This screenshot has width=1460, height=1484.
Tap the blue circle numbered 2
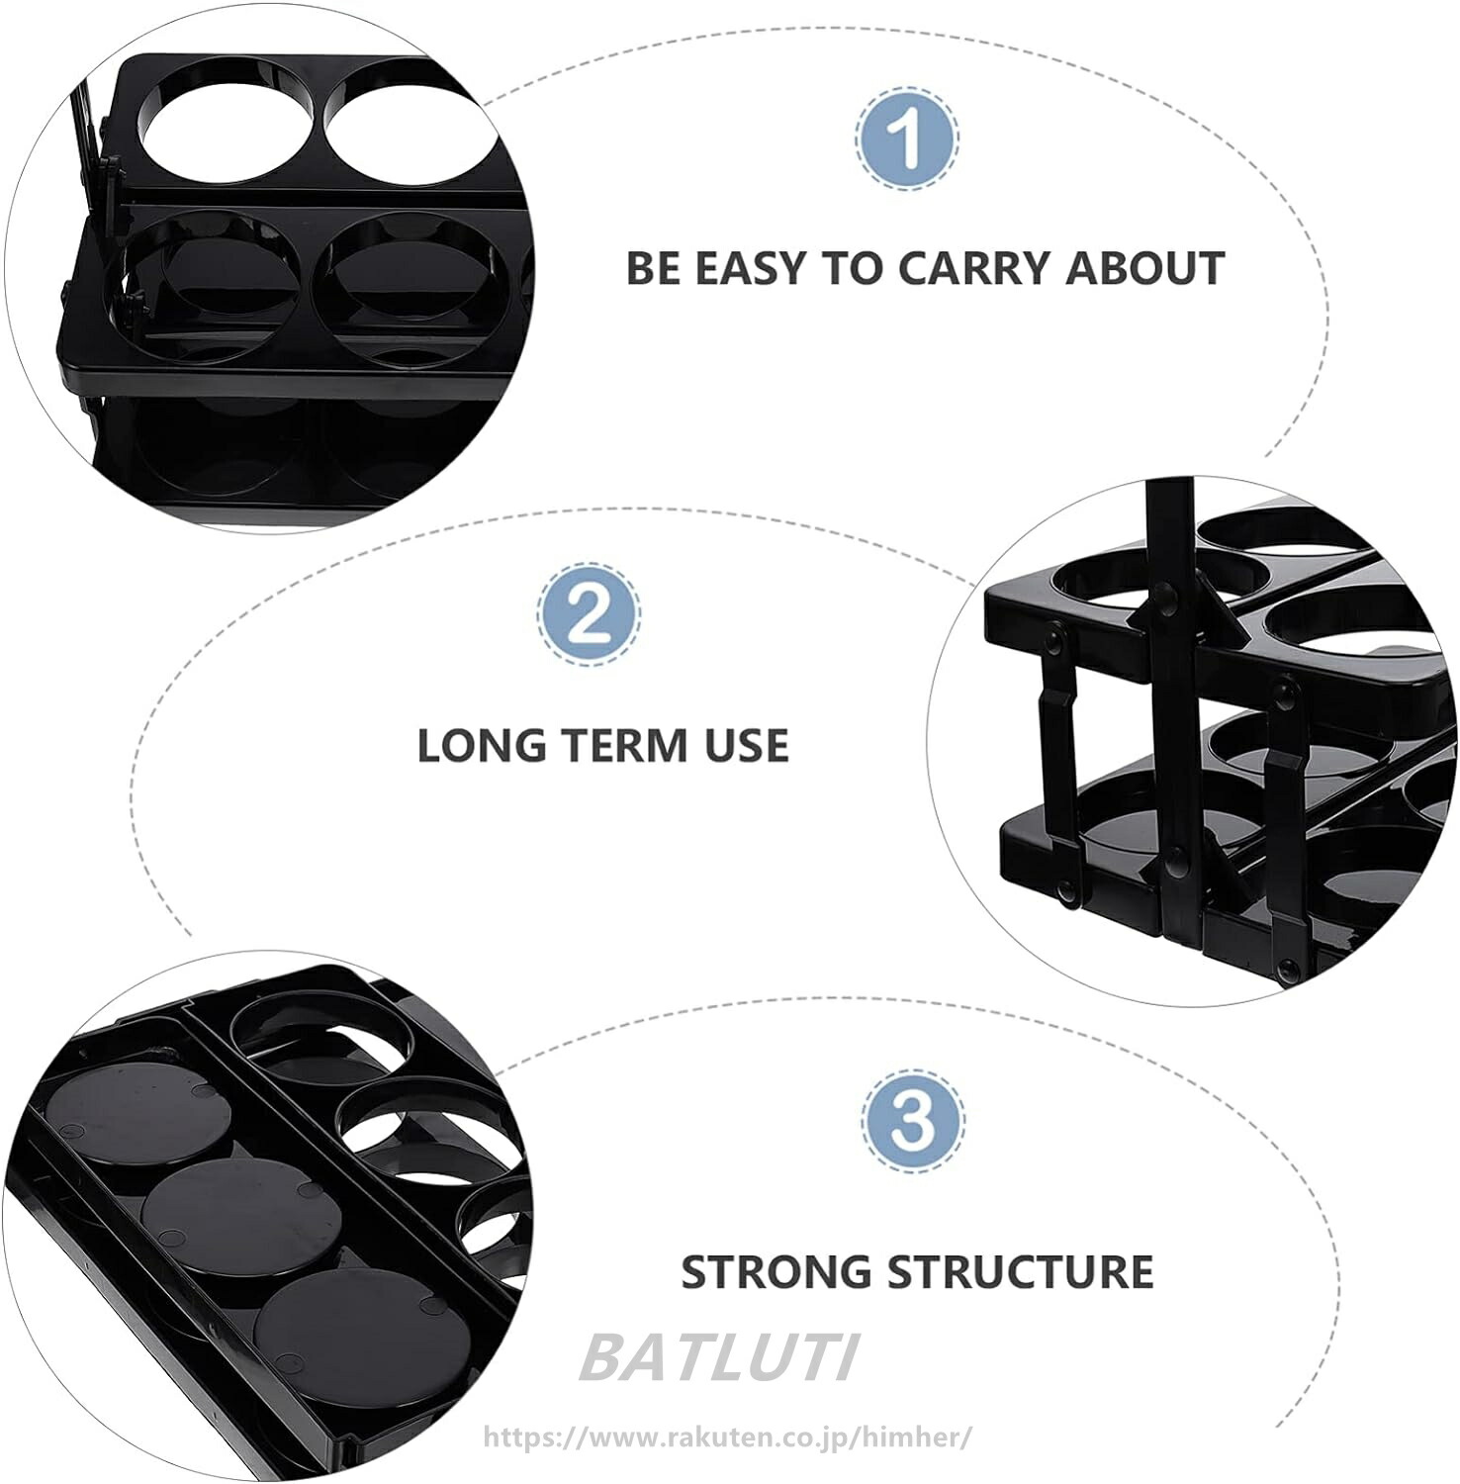coord(589,613)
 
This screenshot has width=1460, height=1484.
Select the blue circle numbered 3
coord(911,1120)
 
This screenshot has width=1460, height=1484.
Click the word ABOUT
coord(1145,268)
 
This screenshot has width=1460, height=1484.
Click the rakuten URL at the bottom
coord(727,1437)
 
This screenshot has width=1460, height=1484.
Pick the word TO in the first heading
coord(848,268)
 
